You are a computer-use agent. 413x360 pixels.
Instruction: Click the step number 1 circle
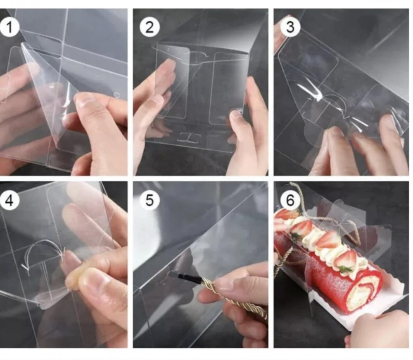pos(9,27)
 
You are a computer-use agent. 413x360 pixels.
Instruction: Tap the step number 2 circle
pos(150,27)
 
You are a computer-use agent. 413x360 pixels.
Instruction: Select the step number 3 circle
pos(290,27)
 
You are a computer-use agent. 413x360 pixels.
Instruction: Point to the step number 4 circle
pos(9,200)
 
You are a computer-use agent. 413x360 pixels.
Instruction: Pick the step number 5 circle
pos(150,200)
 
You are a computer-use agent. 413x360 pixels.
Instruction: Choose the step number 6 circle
pos(290,200)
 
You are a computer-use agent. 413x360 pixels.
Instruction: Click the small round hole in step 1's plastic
pos(117,95)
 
